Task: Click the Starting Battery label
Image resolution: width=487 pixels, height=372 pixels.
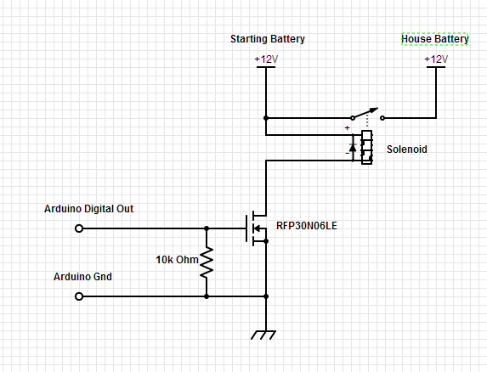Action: coord(268,39)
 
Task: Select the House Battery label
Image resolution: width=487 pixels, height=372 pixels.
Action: coord(434,39)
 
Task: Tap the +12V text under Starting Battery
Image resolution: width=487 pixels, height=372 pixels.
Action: coord(266,59)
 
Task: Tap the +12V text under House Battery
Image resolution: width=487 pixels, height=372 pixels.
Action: coord(434,59)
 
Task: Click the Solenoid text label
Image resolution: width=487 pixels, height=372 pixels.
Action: coord(406,149)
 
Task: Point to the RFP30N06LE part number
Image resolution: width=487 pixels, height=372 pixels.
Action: coord(306,227)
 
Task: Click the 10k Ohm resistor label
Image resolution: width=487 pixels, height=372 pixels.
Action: coord(176,258)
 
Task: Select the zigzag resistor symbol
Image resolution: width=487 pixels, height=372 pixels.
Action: coord(207,262)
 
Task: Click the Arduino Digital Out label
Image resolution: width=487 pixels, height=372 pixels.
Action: coord(88,208)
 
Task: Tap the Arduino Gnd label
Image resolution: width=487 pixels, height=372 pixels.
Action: coord(82,277)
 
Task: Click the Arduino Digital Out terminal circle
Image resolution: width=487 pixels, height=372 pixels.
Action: coord(79,228)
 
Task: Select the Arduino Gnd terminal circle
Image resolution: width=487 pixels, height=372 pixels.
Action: coord(79,296)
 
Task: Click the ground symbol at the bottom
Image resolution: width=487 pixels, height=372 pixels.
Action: coord(266,335)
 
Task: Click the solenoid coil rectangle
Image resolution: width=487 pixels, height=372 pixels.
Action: coord(366,147)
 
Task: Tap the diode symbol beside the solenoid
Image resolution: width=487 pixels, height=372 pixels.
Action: coord(353,149)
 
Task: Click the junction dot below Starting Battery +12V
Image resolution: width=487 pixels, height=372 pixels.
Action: coord(266,118)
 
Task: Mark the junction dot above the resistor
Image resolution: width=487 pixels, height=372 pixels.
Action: coord(207,228)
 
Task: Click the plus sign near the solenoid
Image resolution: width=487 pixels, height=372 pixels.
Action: coord(347,127)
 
